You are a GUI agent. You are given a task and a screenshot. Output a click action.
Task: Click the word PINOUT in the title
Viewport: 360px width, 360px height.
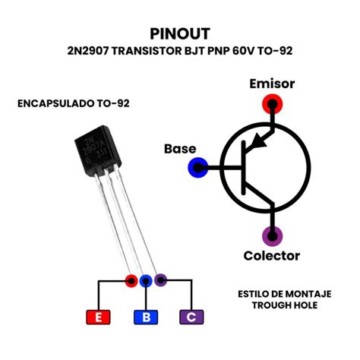pos(180,34)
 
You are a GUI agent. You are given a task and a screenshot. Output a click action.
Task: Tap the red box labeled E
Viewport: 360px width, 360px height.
pos(97,317)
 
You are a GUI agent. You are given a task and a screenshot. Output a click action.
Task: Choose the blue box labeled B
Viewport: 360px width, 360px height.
pos(146,317)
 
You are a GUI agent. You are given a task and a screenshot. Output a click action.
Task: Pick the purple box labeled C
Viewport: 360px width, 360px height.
pos(191,317)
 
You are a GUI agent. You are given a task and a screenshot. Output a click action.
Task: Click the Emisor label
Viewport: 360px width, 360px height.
pos(271,84)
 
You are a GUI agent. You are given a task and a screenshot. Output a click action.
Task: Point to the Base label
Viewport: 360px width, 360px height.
pos(180,149)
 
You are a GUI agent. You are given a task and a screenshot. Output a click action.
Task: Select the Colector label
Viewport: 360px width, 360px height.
pos(271,255)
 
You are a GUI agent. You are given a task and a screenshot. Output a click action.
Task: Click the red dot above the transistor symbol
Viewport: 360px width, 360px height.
pos(271,104)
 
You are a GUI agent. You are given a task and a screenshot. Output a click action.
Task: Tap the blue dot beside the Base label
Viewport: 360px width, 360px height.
pos(200,167)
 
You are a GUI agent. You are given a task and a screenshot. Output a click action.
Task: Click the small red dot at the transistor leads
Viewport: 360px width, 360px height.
pos(131,281)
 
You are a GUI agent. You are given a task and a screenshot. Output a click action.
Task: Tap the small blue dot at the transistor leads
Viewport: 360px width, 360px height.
pos(146,281)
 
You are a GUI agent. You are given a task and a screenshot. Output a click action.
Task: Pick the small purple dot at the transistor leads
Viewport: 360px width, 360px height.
pos(160,280)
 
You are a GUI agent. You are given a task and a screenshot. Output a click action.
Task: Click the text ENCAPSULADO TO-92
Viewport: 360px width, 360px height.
pos(68,102)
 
